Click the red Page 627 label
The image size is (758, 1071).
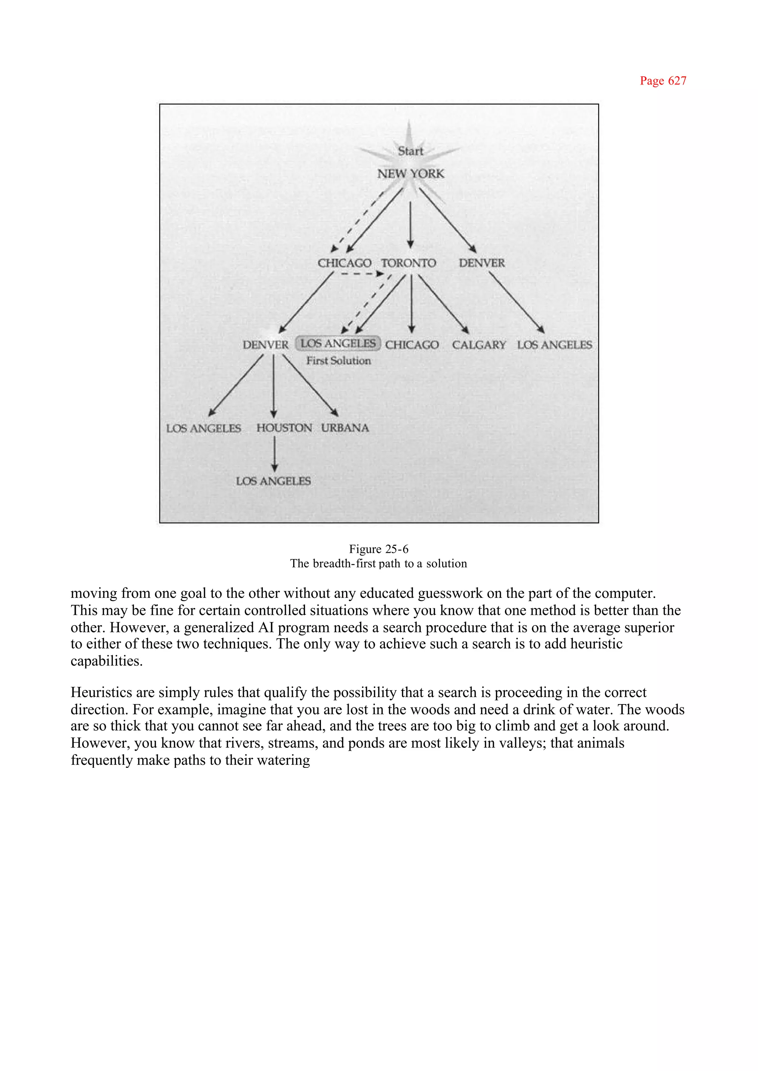663,81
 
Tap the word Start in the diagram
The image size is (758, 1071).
410,151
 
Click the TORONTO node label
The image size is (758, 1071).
408,263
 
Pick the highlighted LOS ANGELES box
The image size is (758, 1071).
338,344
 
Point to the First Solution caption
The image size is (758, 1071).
338,361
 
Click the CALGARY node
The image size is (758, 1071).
479,345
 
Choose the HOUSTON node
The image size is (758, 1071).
284,428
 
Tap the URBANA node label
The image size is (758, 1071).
345,428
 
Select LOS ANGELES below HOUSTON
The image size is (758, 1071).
273,481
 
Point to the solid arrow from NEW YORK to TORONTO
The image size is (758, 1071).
410,224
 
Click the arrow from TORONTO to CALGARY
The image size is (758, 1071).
443,304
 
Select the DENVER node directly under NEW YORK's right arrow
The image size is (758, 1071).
482,263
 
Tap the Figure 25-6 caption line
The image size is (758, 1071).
379,549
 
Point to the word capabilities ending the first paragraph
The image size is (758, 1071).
107,661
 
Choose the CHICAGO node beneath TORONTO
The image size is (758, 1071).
412,345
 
